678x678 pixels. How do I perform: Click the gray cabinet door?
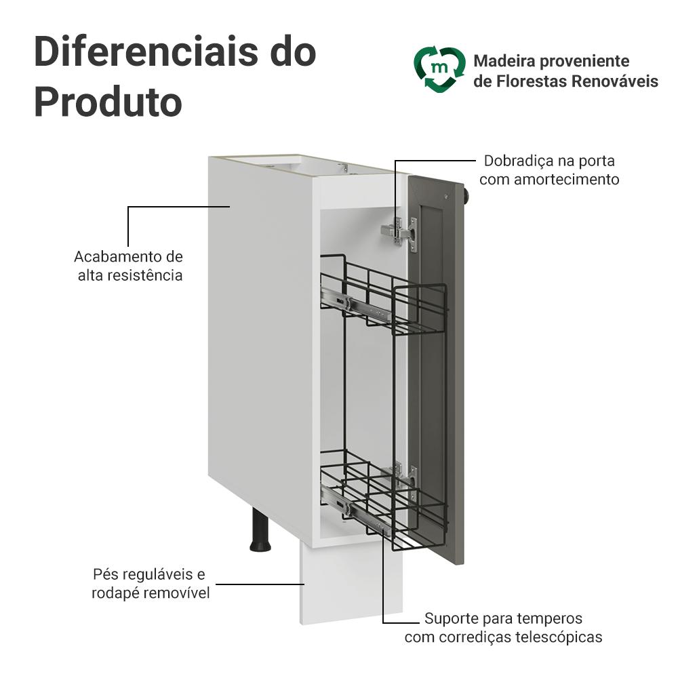[441, 366]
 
